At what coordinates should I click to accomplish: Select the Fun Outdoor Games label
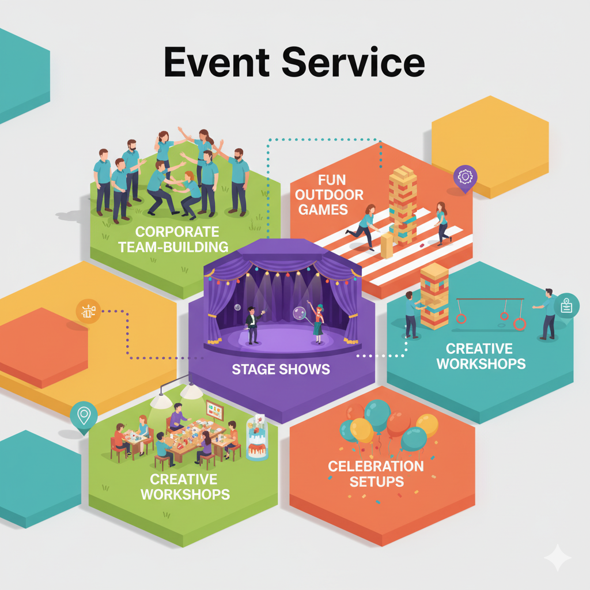(x=331, y=194)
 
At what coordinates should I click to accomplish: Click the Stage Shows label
(x=281, y=369)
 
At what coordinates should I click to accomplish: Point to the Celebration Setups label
(x=376, y=473)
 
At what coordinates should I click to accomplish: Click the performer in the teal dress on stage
(x=317, y=323)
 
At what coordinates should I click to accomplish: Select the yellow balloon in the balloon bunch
(x=362, y=430)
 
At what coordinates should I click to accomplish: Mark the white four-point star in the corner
(x=557, y=558)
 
